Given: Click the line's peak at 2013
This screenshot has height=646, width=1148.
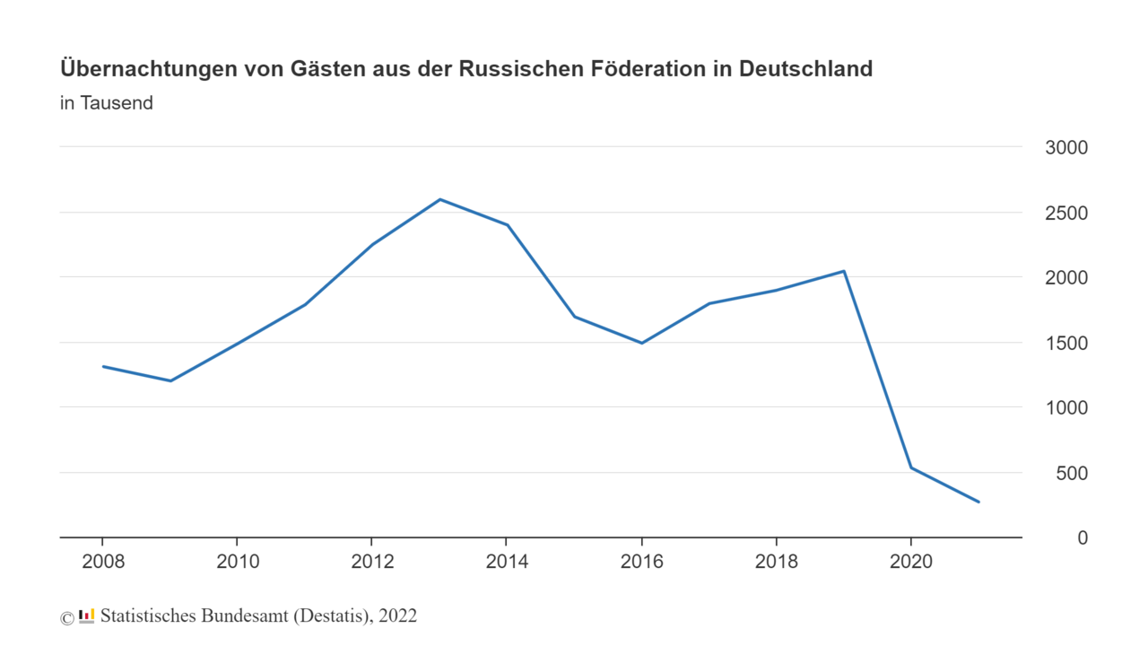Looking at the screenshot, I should tap(439, 199).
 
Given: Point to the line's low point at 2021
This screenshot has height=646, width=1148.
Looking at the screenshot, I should tap(978, 502).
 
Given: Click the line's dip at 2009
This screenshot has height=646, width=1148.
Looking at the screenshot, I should tap(170, 380).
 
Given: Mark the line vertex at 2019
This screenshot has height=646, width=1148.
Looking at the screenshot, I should tap(844, 271).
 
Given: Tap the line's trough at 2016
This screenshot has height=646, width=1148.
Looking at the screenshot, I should tap(642, 343).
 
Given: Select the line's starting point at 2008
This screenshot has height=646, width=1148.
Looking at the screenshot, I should tap(103, 366).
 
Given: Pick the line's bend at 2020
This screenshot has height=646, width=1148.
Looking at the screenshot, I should tap(911, 467).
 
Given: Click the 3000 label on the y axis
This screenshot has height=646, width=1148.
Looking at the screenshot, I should tap(1066, 148).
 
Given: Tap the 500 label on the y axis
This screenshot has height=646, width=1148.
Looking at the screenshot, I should tap(1072, 473).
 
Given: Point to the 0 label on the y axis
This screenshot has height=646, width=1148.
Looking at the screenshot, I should tap(1083, 537).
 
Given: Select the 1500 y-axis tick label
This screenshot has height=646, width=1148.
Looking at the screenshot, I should tap(1066, 344).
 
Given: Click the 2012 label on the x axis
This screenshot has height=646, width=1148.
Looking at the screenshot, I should tap(372, 563).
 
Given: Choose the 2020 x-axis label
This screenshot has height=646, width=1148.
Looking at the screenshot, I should tap(911, 563).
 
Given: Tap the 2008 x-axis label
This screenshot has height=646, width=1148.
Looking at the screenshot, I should tap(103, 563).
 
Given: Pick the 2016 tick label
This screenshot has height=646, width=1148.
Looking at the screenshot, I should tap(642, 563).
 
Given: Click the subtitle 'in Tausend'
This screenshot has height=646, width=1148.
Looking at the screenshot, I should tap(107, 103).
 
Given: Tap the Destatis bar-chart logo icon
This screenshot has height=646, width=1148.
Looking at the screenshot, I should tap(87, 615).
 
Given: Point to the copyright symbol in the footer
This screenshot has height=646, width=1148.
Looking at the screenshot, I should tap(67, 617).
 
